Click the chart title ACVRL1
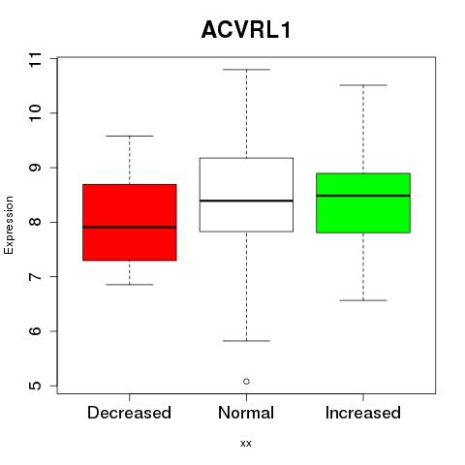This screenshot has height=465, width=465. pos(246,30)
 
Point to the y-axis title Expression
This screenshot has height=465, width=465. pos(9,225)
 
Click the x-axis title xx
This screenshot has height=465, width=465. pos(246,443)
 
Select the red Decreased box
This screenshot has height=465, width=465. pos(130,222)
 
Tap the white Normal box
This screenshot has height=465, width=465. pos(246,195)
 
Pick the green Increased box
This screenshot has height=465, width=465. pos(363,202)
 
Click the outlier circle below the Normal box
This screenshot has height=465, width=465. pos(246,382)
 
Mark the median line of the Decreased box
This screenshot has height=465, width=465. pos(130,227)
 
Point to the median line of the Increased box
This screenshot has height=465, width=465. pos(363,196)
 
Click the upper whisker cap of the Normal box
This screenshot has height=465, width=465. pos(246,70)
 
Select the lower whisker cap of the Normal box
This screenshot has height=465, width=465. pos(246,341)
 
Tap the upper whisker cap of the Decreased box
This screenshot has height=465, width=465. pos(130,136)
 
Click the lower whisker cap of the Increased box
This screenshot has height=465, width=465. pos(363,300)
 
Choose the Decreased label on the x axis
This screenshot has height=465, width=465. pos(129,413)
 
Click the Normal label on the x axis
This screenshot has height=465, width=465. pos(246,413)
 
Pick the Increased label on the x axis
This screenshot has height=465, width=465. pos(363,413)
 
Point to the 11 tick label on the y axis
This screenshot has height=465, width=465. pos(35,59)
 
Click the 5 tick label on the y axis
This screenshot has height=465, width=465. pos(35,386)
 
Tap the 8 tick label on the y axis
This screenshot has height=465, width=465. pos(35,222)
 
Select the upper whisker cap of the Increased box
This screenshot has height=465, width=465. pos(363,85)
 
